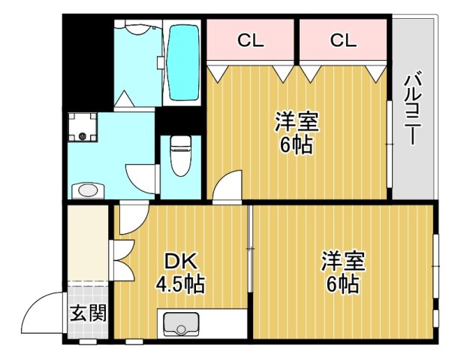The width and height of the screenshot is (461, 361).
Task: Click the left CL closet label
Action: pyautogui.click(x=251, y=41)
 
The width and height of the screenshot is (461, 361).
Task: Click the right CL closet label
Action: pyautogui.click(x=342, y=41)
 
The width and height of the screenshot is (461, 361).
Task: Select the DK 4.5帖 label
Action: pyautogui.click(x=180, y=273)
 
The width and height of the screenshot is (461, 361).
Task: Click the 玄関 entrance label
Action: pyautogui.click(x=88, y=312)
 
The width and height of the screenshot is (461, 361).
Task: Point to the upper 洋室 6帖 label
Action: pyautogui.click(x=296, y=132)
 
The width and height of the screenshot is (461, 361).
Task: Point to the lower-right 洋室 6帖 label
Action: pyautogui.click(x=343, y=273)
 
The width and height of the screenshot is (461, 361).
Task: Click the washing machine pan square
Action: pyautogui.click(x=82, y=127)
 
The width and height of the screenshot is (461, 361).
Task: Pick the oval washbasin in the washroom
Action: pyautogui.click(x=88, y=189)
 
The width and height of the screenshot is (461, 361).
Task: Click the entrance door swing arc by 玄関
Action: pyautogui.click(x=41, y=314)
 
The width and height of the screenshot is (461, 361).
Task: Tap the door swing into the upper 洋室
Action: pyautogui.click(x=227, y=186)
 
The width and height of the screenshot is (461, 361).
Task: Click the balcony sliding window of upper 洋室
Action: pyautogui.click(x=388, y=143)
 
